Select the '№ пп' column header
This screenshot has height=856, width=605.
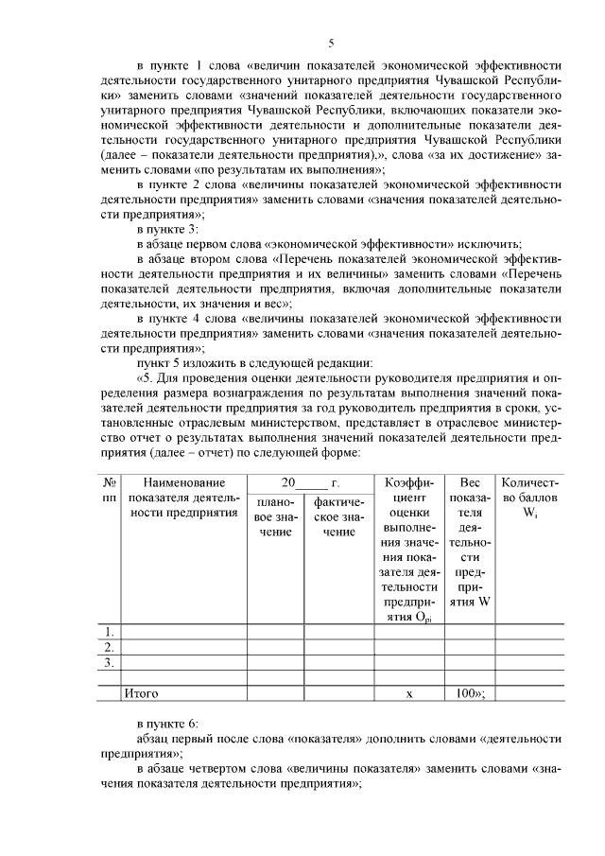(x=110, y=489)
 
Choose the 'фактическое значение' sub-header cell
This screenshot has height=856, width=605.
(x=337, y=515)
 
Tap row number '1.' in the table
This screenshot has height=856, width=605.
(x=110, y=631)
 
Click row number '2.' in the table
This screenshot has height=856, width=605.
(x=110, y=647)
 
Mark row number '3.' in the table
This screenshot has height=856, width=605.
(x=110, y=662)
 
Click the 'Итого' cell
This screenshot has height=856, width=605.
(x=142, y=693)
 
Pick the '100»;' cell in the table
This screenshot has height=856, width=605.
(x=470, y=693)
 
